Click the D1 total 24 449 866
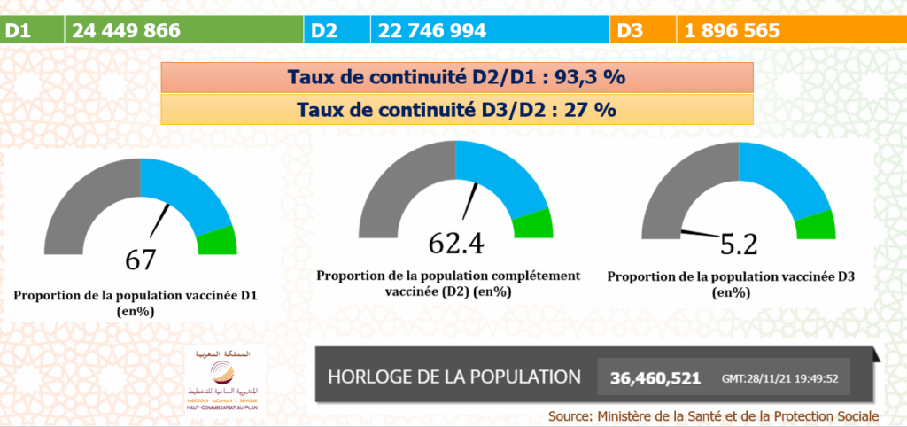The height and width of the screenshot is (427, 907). (127, 31)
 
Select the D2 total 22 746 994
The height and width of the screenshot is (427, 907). (432, 31)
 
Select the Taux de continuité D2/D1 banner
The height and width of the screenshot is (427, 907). (456, 77)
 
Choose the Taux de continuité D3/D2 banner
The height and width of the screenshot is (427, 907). (456, 110)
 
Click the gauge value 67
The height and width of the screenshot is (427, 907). (140, 260)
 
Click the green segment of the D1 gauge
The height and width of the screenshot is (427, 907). (217, 240)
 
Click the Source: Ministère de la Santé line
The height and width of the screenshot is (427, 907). (713, 415)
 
